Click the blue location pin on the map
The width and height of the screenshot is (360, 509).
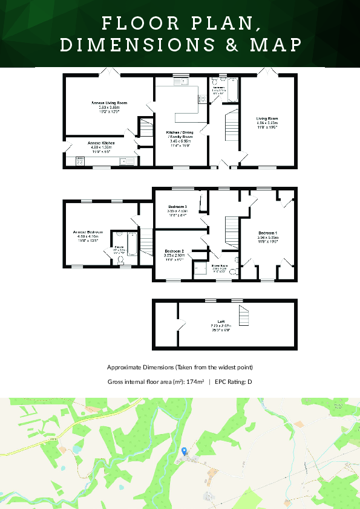click(184, 451)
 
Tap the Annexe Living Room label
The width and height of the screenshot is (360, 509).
click(109, 103)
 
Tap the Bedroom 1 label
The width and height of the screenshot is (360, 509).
click(267, 233)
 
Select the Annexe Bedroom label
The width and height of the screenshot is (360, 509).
click(88, 232)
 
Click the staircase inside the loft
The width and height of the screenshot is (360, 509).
click(243, 316)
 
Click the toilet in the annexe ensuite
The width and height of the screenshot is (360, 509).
click(120, 260)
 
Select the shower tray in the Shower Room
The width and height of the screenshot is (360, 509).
click(199, 270)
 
